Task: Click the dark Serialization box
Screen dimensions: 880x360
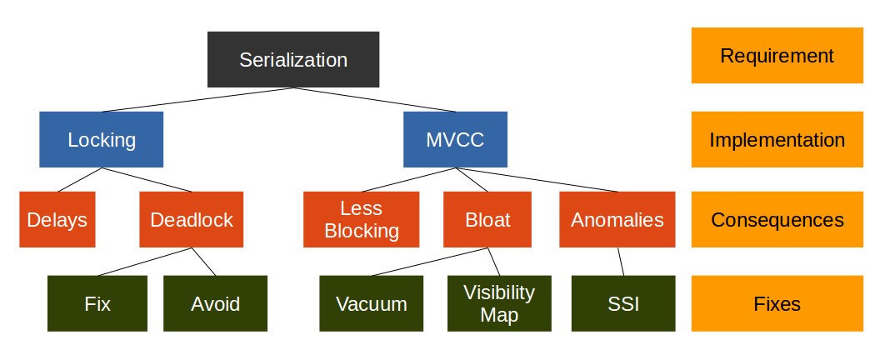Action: click(293, 59)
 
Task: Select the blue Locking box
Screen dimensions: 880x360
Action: click(102, 139)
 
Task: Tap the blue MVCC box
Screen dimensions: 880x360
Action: click(455, 139)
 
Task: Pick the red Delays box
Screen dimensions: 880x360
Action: click(57, 220)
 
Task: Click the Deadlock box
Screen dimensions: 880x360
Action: click(192, 220)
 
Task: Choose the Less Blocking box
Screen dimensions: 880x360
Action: click(362, 220)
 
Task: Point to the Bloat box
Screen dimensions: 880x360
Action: click(487, 220)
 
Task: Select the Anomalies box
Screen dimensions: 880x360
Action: click(617, 220)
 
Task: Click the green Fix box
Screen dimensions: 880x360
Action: click(97, 303)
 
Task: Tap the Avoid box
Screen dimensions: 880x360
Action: click(216, 303)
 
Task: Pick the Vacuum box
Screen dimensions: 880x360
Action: click(372, 303)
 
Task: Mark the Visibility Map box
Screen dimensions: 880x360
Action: click(499, 303)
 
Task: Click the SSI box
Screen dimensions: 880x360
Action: click(623, 303)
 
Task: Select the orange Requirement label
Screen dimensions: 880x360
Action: click(777, 56)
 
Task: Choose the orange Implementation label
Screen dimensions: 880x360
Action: click(777, 139)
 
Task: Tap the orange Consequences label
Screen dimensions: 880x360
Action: click(777, 220)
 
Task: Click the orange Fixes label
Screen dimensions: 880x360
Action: click(777, 303)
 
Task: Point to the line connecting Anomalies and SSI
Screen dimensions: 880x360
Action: click(621, 261)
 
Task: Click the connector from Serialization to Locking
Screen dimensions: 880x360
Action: click(197, 99)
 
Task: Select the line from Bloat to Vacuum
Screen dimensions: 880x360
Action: click(429, 261)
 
